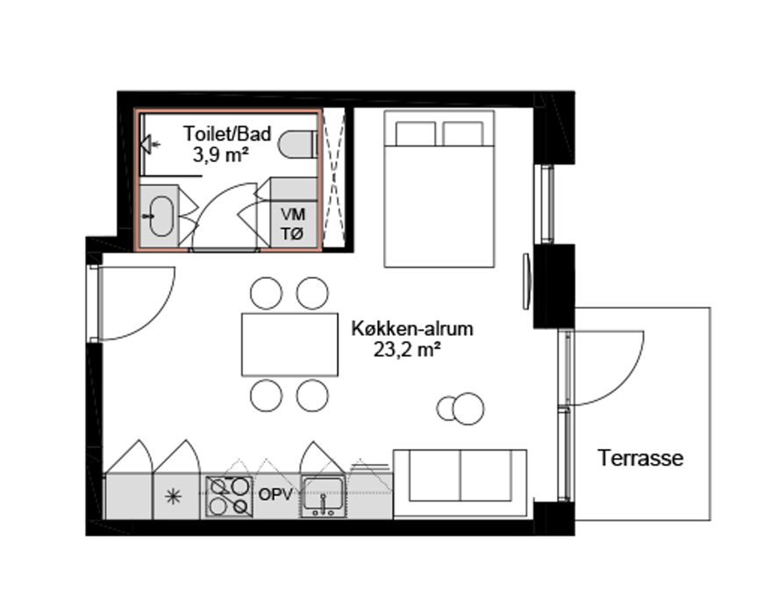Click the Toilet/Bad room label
(x=227, y=133)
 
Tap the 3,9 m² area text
(x=220, y=155)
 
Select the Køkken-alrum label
(x=412, y=328)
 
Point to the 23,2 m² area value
(x=407, y=350)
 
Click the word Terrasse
(x=640, y=458)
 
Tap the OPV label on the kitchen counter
(x=275, y=495)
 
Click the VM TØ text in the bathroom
(x=293, y=224)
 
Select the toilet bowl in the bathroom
(x=297, y=145)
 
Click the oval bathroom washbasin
(x=161, y=216)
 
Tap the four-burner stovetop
(x=229, y=496)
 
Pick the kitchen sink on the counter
(x=323, y=496)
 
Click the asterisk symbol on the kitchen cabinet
(x=174, y=496)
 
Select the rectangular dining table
(x=289, y=344)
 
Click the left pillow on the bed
(x=415, y=133)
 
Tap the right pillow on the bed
(x=463, y=133)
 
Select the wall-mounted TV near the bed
(x=526, y=282)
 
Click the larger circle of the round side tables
(x=468, y=409)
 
